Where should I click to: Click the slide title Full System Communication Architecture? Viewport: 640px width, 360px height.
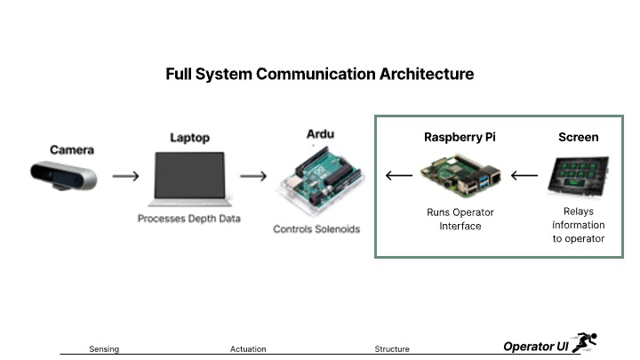coord(319,74)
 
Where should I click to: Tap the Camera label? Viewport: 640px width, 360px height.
coord(72,150)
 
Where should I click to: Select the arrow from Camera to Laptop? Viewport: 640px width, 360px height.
coord(126,176)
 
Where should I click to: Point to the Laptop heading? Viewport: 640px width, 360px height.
coord(189,138)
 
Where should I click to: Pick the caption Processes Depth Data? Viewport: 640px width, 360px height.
coord(190,219)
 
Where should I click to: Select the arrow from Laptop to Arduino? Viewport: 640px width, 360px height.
coord(253,176)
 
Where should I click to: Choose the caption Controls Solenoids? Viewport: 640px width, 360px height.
coord(316,229)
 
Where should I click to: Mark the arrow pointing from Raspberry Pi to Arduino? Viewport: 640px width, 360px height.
coord(398,175)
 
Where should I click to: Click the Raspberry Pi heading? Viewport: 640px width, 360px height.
coord(460,138)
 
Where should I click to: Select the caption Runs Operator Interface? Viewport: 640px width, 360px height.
coord(460,220)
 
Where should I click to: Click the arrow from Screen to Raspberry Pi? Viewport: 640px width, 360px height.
coord(525,175)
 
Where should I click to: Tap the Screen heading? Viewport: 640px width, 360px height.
coord(578,138)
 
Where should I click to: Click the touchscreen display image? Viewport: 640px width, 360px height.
coord(579,176)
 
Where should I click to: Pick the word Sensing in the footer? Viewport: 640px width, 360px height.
coord(104,349)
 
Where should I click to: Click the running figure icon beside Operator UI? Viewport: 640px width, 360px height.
coord(585,342)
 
